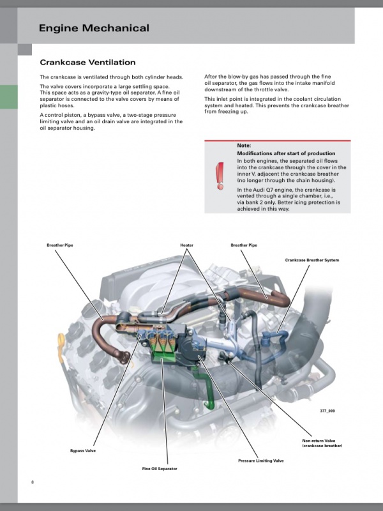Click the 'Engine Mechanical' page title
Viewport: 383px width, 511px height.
(x=94, y=28)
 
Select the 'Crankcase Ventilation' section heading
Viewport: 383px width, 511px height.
(x=87, y=62)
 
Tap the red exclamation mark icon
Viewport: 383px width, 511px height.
(x=220, y=176)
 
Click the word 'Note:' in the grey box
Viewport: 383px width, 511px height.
(x=244, y=146)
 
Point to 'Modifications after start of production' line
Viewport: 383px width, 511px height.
(x=286, y=153)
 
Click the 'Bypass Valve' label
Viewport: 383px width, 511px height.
(x=83, y=451)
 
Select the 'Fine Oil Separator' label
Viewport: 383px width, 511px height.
(x=160, y=469)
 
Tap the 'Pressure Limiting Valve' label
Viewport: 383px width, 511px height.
(x=261, y=461)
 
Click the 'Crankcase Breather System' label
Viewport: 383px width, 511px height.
(x=312, y=260)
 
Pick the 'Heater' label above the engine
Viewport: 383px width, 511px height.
(x=186, y=245)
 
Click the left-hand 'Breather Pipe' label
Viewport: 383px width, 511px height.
(x=60, y=245)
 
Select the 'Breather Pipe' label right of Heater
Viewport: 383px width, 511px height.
(x=244, y=245)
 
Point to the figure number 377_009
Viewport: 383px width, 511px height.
(x=327, y=411)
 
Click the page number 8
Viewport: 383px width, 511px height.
(x=33, y=482)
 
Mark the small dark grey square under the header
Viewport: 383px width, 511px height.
(x=25, y=50)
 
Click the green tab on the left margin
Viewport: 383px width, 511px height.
(x=9, y=97)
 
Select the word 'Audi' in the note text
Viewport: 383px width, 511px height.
(x=260, y=190)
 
